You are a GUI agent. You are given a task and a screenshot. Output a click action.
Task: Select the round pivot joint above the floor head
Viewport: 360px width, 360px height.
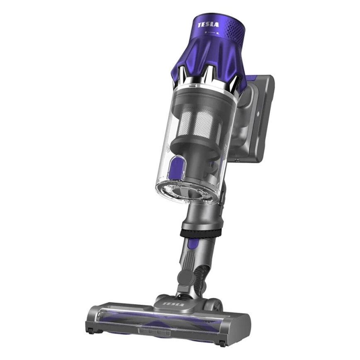184,277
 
